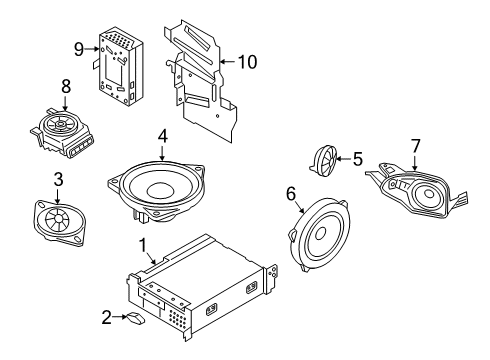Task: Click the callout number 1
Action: pyautogui.click(x=143, y=243)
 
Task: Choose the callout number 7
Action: pyautogui.click(x=415, y=146)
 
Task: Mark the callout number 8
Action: pyautogui.click(x=66, y=86)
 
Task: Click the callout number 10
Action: pyautogui.click(x=246, y=61)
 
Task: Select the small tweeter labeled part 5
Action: pyautogui.click(x=325, y=160)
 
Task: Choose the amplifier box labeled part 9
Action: pyautogui.click(x=120, y=66)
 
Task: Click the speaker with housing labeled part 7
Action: pyautogui.click(x=412, y=189)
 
